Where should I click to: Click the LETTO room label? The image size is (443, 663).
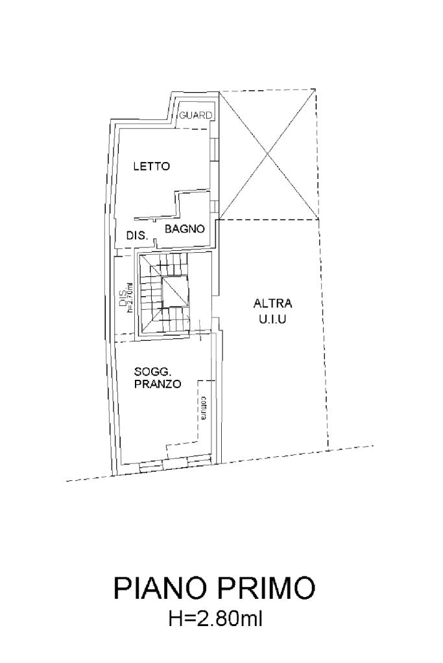point(151,166)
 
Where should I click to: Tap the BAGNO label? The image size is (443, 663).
point(185,229)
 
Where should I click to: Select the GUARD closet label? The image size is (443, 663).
point(196,115)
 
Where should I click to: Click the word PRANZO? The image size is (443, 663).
point(158,384)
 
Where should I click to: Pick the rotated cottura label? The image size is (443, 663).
point(204,408)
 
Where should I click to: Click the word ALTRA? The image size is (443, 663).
point(273,303)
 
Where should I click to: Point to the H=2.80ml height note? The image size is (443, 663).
point(215,620)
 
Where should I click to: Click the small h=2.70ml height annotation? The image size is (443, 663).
point(130,297)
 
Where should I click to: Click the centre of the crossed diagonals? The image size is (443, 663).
point(267,154)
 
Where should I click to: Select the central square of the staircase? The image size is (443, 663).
point(174,292)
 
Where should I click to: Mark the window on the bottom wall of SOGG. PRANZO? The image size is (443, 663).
point(174,461)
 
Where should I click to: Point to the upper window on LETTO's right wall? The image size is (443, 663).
point(215,149)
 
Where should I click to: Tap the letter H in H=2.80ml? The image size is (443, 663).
point(174,620)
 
